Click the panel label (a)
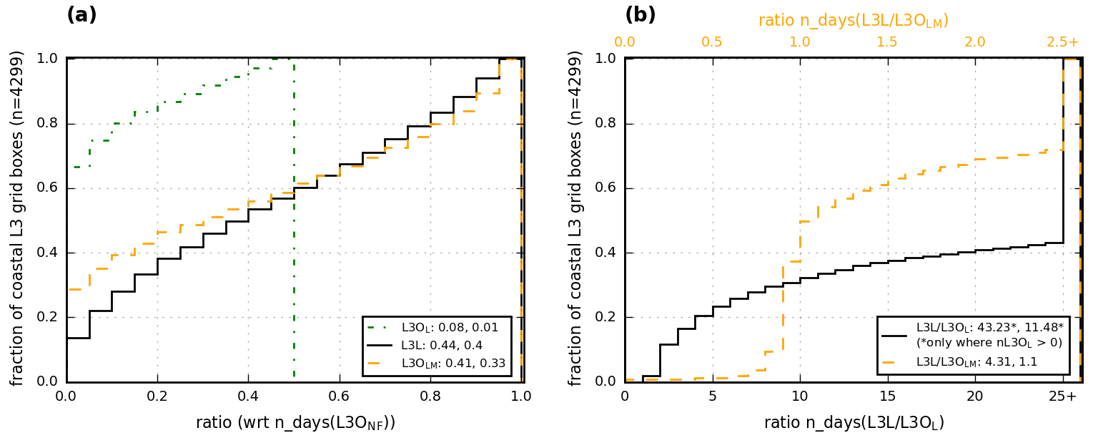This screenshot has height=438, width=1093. click(x=81, y=15)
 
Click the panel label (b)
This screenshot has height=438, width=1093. click(x=640, y=15)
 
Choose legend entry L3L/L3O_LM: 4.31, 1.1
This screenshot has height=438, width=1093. click(x=976, y=363)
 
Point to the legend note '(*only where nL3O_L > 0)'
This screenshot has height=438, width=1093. click(x=989, y=343)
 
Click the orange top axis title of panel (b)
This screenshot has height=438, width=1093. click(x=854, y=21)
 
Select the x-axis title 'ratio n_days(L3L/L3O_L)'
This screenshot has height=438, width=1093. click(x=854, y=423)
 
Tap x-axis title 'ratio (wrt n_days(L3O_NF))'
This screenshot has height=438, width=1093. click(x=295, y=423)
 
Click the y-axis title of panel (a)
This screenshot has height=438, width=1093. click(x=17, y=218)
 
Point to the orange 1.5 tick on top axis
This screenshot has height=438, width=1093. click(x=887, y=42)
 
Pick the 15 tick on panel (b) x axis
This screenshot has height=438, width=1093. click(x=887, y=396)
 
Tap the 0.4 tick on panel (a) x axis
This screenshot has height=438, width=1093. click(x=248, y=396)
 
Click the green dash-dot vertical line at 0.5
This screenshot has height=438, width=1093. click(x=294, y=215)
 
